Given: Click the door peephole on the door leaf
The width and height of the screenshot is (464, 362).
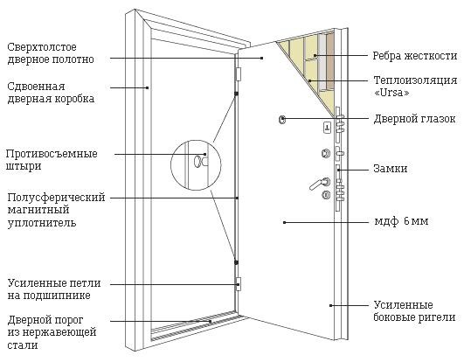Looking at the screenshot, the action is point(281,119).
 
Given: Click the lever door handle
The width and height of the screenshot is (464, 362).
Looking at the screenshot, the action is point(319,184).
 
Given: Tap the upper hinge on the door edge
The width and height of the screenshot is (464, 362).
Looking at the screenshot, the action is point(238,74).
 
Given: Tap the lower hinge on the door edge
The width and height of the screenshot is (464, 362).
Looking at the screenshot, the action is point(239,284).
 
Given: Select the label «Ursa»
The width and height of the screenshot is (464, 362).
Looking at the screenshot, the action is point(391,93).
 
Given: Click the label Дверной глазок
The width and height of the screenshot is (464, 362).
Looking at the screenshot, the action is point(414,119).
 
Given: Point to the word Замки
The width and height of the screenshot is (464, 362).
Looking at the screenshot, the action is point(391,169).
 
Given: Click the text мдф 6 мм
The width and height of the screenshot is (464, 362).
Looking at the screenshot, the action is point(401,221).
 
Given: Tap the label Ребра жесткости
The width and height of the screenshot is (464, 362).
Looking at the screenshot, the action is point(415,56).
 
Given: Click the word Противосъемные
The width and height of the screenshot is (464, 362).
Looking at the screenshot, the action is point(52,154).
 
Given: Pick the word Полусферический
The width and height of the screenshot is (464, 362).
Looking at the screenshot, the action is point(56,198).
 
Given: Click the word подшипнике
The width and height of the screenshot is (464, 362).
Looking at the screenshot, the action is point(57,296).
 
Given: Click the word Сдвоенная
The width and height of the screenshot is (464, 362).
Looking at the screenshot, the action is point(36,87).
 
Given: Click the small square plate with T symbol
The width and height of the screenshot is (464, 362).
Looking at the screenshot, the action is point(327,128).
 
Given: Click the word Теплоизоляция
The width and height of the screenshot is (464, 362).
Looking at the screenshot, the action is point(415,80).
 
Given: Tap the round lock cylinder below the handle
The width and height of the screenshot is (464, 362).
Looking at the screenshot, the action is point(326,195).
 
